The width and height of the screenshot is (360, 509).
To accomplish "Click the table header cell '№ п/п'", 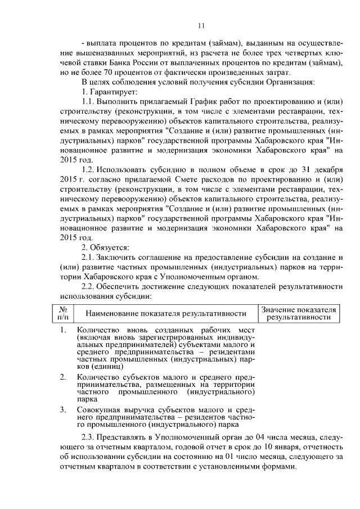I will [x=64, y=313].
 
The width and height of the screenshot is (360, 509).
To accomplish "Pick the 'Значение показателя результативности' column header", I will [x=299, y=313].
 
